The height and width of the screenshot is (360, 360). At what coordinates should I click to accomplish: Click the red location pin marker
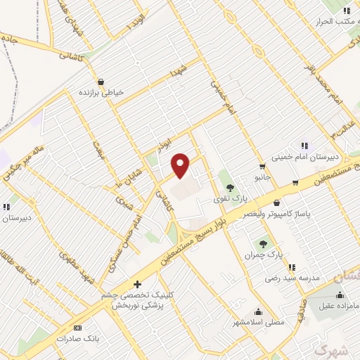[181, 165]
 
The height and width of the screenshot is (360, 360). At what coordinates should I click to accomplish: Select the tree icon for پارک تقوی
[230, 187]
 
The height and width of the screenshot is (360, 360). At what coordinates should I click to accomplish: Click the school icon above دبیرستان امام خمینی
[304, 146]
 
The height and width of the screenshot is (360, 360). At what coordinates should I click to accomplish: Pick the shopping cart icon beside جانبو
[262, 167]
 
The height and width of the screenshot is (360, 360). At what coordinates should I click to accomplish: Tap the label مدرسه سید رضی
[292, 278]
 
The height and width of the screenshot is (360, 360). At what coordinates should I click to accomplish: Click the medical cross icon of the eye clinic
[136, 284]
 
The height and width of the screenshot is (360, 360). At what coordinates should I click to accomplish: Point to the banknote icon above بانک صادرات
[77, 328]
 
